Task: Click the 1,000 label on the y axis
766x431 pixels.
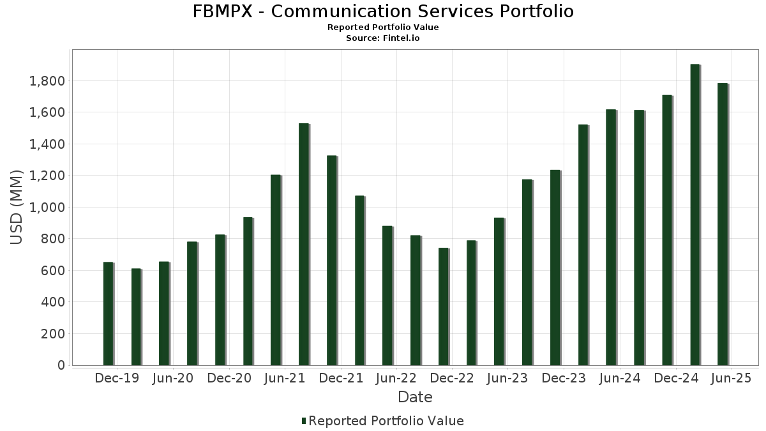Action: click(47, 208)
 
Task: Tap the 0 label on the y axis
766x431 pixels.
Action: click(61, 365)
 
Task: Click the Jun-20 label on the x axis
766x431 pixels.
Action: click(172, 379)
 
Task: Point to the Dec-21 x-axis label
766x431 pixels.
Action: click(341, 379)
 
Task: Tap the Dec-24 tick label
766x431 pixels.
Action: click(677, 379)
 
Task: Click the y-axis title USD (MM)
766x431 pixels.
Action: click(17, 208)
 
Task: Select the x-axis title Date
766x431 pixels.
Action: click(415, 397)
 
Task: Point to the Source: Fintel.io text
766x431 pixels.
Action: click(383, 38)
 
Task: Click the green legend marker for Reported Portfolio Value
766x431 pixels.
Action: click(304, 421)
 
